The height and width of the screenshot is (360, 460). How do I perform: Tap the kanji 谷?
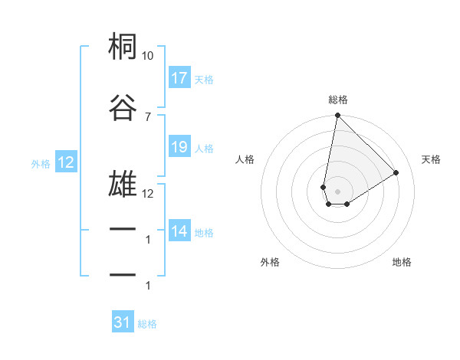click(x=123, y=106)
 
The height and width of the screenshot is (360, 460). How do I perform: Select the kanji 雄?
click(x=123, y=185)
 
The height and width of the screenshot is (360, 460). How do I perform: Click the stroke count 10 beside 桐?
click(x=148, y=56)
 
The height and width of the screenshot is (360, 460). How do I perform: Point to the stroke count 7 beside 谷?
click(x=148, y=116)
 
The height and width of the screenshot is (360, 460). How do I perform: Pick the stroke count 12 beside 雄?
click(x=148, y=194)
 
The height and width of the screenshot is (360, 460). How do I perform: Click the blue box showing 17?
click(x=179, y=78)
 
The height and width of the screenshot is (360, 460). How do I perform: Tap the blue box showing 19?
click(x=179, y=147)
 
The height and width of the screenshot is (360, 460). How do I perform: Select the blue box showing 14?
click(x=179, y=231)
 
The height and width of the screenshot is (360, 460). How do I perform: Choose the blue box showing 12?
click(x=65, y=162)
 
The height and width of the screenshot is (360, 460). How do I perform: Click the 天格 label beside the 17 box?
click(x=204, y=79)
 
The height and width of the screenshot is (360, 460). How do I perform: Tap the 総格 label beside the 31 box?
click(x=147, y=324)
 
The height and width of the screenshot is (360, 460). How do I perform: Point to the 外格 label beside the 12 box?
click(x=41, y=163)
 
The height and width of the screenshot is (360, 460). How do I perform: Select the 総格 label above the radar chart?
click(x=338, y=100)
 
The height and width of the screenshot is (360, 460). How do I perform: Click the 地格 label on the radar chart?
click(x=402, y=262)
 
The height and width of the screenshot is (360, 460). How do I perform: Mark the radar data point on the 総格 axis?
click(x=337, y=116)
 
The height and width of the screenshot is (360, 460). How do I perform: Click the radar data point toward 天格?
click(x=396, y=172)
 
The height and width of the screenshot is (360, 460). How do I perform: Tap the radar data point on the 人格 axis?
click(x=323, y=186)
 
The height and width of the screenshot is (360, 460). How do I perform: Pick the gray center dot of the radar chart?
click(x=337, y=191)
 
